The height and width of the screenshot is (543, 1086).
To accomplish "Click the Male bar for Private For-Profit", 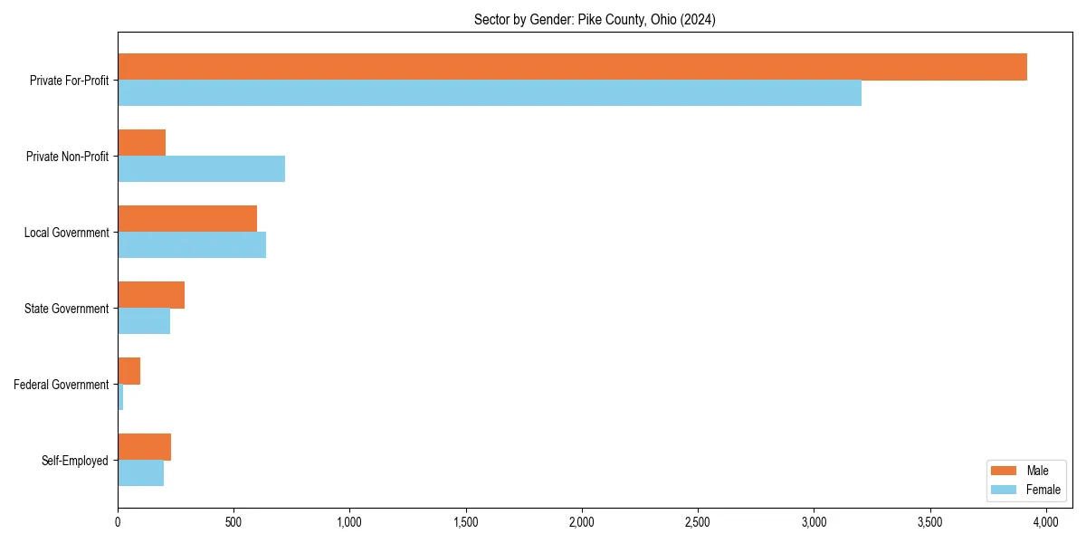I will pos(572,67).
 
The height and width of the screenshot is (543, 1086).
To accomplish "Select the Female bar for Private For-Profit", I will pos(490,93).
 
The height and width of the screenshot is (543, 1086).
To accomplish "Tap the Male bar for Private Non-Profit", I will pos(142,143).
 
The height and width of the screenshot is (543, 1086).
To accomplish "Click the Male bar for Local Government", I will pos(187,219).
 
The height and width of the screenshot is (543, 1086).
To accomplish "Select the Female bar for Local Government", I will pos(192,245).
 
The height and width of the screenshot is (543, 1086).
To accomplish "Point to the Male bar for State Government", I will pos(151,295).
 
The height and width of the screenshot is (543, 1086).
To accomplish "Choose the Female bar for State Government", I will pos(144,321).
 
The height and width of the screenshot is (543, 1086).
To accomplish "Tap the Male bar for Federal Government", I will pos(129,371).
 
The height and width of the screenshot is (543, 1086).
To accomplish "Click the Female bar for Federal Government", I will pos(120,397).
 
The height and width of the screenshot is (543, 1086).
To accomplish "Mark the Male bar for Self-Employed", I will pos(145,447).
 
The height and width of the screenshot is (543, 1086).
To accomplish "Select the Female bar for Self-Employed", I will pos(141,473).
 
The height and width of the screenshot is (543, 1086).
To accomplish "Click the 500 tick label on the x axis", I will pos(233,522).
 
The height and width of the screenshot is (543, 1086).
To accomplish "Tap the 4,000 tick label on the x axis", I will pos(1046,522).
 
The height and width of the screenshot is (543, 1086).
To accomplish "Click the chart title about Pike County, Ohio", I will pos(595,20).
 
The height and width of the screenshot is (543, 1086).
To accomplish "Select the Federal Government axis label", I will pos(62,385).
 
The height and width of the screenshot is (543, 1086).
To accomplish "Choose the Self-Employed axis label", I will pos(75,461).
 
